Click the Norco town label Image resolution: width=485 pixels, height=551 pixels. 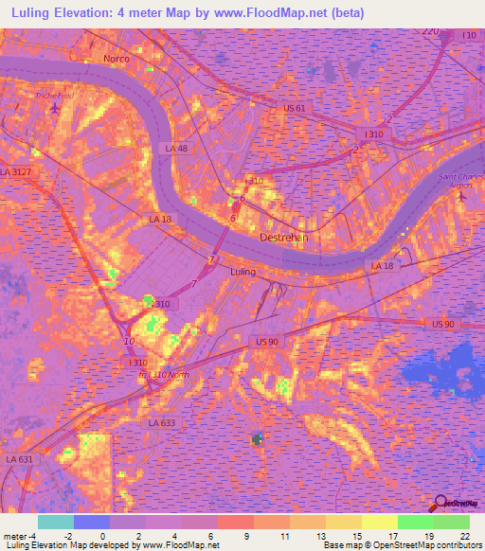coord(116,59)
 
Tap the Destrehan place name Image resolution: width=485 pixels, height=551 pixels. coord(284,238)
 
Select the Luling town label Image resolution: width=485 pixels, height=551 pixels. coord(243,272)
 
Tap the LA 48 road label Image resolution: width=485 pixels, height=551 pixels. coord(176,149)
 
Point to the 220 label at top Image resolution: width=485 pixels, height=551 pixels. coord(431,32)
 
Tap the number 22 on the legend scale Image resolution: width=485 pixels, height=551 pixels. coord(465,535)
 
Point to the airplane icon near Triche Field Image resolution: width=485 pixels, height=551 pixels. coord(54,108)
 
